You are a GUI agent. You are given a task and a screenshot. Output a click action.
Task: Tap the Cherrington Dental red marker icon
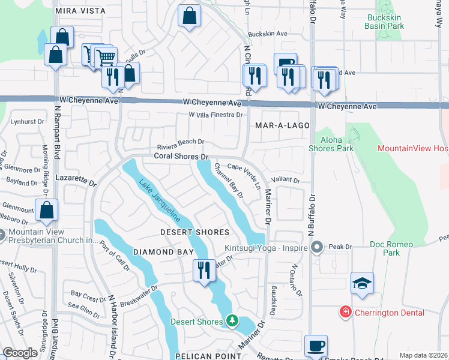click(x=345, y=312)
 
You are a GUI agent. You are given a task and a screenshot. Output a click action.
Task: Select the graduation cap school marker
click(x=363, y=283)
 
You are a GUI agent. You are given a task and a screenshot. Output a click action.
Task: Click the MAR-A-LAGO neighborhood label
click(x=282, y=126)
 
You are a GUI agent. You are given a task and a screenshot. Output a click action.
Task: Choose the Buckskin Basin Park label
click(x=394, y=22)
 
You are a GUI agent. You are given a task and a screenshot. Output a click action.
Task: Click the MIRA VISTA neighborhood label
click(x=80, y=11)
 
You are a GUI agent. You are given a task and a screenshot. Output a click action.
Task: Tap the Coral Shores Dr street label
click(x=181, y=156)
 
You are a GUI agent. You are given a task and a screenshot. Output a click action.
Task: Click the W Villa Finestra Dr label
click(x=215, y=115)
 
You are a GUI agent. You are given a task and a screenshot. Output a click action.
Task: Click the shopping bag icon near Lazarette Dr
click(x=46, y=210)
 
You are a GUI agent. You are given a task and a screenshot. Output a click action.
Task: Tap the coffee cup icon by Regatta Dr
click(x=316, y=346)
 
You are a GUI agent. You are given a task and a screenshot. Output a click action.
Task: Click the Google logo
click(x=20, y=352)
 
